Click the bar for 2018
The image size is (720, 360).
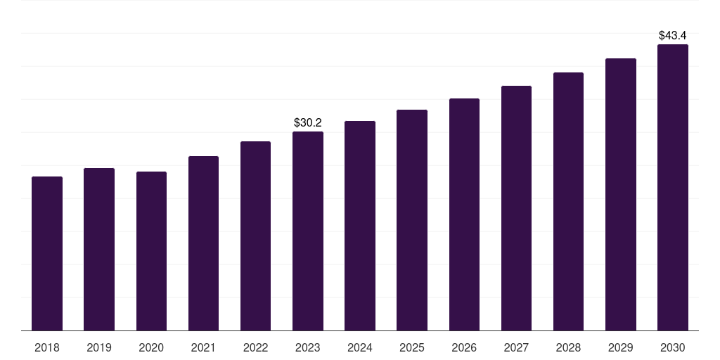pos(47,253)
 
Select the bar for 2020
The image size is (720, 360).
pos(151,251)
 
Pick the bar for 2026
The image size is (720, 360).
pos(464,214)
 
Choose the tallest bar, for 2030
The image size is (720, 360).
pos(673,187)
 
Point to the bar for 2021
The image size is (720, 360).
pos(203,243)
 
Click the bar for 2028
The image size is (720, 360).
pos(568,201)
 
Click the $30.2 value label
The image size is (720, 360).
pos(308,123)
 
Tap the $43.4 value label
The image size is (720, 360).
pos(673,35)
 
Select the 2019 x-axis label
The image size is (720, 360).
pos(99,347)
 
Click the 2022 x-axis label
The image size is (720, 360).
pos(255,347)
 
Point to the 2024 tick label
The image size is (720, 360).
pos(360,347)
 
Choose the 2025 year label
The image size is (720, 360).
pos(412,347)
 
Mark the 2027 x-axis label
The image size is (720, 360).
pos(516,347)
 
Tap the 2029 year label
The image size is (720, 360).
pos(621,347)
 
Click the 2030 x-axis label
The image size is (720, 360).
pos(673,347)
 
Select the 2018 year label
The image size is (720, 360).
pos(47,347)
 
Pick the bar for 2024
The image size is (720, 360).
pos(360,226)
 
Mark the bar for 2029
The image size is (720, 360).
pos(621,194)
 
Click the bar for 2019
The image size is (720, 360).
pos(99,249)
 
